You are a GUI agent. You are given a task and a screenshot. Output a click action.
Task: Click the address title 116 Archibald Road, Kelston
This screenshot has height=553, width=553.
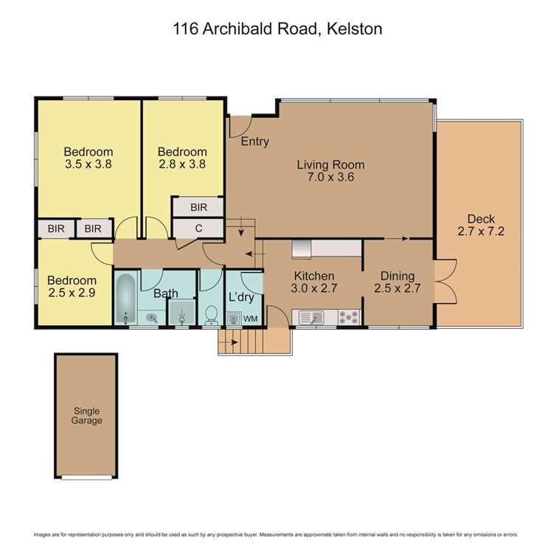pos(276,29)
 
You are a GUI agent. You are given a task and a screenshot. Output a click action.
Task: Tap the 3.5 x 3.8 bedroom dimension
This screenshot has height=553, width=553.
pos(88,164)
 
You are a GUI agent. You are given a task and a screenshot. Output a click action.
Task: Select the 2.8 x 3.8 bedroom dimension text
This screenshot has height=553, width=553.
pos(181,164)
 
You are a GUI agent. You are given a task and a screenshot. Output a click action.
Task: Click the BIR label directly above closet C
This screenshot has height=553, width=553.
pos(198,208)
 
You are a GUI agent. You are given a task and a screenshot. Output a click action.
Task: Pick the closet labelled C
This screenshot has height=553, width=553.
pos(198,229)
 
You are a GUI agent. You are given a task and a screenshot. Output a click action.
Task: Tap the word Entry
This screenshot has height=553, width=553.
pos(255,142)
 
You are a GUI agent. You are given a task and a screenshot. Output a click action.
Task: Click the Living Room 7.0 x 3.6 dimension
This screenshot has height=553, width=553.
pos(331,177)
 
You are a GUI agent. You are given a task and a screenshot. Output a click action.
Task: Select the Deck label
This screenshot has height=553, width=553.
pos(481,219)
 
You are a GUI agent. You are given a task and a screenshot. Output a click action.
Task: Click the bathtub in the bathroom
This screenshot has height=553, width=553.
pos(125,299)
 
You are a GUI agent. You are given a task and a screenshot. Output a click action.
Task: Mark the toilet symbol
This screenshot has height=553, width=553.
pos(211,314)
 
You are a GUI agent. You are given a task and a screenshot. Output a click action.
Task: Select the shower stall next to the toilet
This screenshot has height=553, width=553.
pos(181,313)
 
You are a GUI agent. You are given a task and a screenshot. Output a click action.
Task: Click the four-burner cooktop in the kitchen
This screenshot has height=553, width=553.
pos(348,318)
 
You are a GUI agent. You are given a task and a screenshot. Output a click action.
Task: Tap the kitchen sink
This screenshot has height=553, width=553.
pos(310,318)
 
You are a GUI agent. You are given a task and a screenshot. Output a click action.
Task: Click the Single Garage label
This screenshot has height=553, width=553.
pos(86,416)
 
